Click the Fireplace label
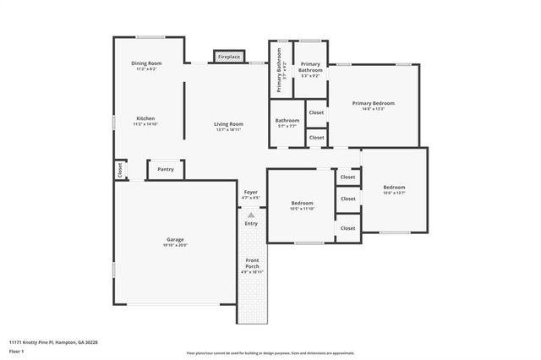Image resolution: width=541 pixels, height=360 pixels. point(229,57)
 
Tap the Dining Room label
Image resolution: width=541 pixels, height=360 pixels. point(146,63)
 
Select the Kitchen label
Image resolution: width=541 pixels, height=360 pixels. point(146,118)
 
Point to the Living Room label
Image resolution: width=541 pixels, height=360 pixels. point(229,124)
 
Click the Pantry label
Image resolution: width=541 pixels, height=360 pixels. point(166,169)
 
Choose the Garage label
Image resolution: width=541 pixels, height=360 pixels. point(175,239)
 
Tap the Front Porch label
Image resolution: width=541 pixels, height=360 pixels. point(252,263)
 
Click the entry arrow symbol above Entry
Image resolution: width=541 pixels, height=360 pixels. point(251,215)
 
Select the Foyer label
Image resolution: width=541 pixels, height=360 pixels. point(251,192)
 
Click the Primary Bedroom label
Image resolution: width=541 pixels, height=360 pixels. point(373,103)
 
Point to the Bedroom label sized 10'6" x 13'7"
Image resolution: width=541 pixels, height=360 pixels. point(394,187)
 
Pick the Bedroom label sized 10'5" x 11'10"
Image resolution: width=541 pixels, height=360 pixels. point(303,203)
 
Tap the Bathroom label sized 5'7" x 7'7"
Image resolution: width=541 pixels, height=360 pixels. point(287,120)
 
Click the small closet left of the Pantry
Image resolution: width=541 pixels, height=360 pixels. point(119,170)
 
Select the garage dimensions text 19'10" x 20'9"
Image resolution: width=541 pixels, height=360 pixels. point(175,245)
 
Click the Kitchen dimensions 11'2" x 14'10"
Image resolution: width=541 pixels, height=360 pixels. point(146,124)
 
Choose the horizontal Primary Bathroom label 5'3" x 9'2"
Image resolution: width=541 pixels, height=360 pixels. point(310,67)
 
